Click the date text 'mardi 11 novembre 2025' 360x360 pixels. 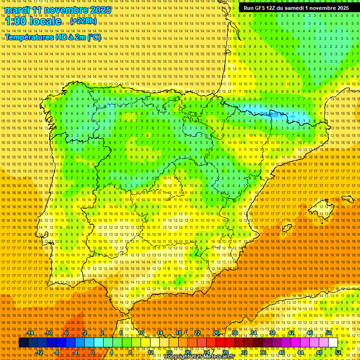(x=58, y=10)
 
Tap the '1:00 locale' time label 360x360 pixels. (x=33, y=22)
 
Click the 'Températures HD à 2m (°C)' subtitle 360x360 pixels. (x=53, y=37)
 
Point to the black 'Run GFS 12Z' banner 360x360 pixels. (x=296, y=8)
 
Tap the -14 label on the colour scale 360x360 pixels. (x=30, y=333)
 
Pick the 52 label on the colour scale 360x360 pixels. (x=338, y=352)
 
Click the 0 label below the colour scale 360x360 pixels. (x=93, y=352)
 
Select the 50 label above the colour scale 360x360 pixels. (x=329, y=333)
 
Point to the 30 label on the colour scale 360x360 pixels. (x=234, y=333)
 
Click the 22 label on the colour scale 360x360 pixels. (x=197, y=333)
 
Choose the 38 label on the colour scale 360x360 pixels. (x=272, y=333)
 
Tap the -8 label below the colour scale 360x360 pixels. (x=57, y=352)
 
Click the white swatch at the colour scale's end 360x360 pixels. (x=333, y=343)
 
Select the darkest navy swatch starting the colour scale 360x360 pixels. (x=23, y=343)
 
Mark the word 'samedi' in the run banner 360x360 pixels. (x=292, y=8)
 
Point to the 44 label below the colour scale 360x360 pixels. (x=300, y=352)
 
